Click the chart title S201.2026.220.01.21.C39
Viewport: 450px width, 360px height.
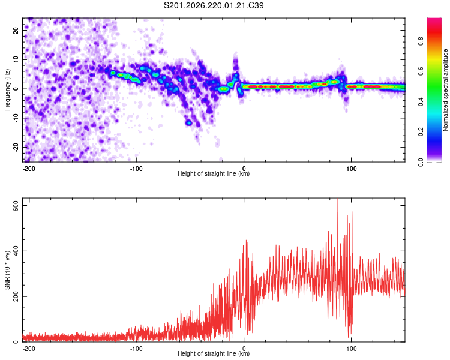point(214,5)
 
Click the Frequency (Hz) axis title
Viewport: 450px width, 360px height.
point(7,89)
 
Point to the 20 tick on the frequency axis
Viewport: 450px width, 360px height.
point(16,31)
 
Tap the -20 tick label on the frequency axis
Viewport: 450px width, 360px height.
point(16,148)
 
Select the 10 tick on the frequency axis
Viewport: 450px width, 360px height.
point(16,59)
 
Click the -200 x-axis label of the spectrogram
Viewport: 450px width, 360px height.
point(28,169)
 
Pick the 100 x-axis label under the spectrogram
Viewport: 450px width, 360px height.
point(351,169)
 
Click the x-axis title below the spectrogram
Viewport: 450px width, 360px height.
point(214,173)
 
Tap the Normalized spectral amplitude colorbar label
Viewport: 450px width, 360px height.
point(445,90)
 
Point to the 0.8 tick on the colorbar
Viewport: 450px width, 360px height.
point(421,41)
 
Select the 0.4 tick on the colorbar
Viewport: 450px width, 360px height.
point(421,101)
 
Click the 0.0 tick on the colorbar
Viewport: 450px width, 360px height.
point(421,162)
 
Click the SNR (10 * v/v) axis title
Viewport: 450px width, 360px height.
point(7,270)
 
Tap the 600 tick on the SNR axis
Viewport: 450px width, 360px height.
point(16,206)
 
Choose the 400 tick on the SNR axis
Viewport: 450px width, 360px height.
point(16,251)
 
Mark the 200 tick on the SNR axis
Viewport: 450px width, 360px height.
point(16,296)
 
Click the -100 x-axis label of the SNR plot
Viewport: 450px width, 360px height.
point(136,349)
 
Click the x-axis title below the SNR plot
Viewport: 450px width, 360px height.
point(214,353)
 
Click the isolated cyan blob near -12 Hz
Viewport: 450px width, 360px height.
point(188,123)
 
